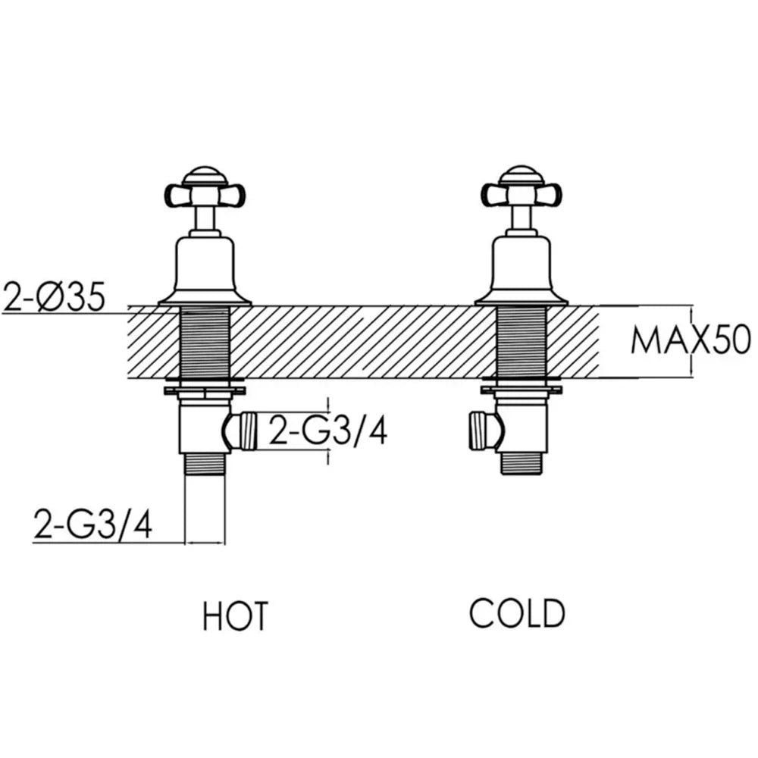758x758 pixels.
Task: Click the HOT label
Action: (235, 615)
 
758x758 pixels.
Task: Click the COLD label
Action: (517, 613)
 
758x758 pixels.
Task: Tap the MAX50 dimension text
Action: (691, 340)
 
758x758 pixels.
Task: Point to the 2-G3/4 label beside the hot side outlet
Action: (327, 431)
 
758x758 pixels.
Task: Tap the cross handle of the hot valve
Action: (205, 196)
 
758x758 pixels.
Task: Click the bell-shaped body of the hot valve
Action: (205, 271)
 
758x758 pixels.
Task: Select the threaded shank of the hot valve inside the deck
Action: (205, 343)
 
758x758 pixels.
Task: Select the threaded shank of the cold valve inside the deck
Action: (522, 343)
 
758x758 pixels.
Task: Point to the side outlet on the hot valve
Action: (241, 431)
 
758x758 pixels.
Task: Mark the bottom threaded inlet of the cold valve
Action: (522, 464)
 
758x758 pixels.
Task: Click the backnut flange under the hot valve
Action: (205, 390)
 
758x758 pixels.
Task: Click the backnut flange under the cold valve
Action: (522, 390)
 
